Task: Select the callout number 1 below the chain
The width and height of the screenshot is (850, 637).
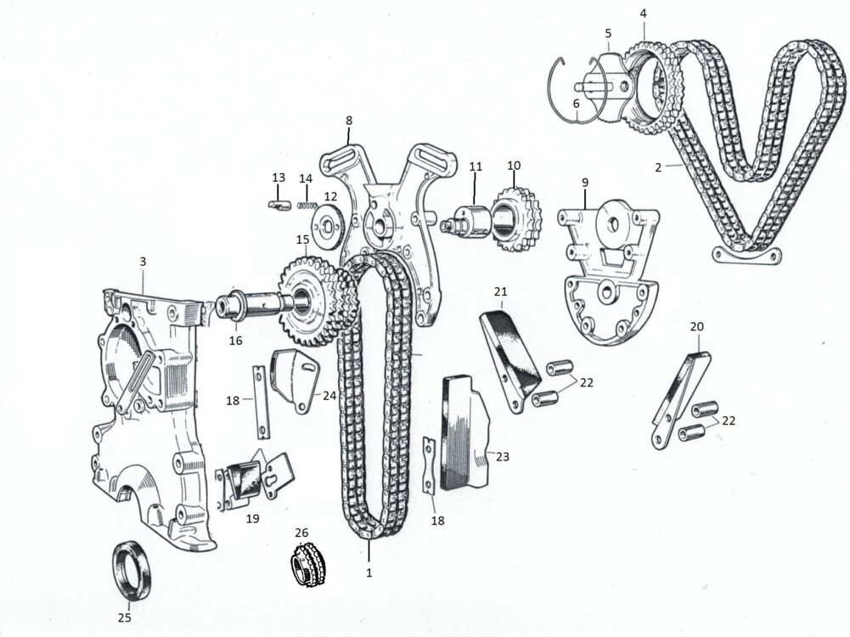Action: [x=369, y=572]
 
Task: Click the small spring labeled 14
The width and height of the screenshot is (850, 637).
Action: [x=307, y=205]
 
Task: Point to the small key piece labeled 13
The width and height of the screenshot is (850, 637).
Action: [x=278, y=206]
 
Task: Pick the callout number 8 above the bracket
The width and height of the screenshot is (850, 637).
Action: [x=348, y=121]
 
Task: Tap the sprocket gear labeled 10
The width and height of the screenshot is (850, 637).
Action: [x=516, y=219]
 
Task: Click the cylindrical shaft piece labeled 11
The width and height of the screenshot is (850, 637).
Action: [x=465, y=221]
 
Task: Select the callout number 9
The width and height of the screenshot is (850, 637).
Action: [x=585, y=182]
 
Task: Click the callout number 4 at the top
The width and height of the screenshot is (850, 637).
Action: [x=643, y=14]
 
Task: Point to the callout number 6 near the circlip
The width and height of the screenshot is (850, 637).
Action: [x=576, y=103]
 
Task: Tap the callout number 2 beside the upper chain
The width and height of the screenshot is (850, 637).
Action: [x=658, y=167]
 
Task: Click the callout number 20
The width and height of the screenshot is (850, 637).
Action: [x=697, y=326]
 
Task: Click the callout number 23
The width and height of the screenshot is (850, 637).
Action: [x=503, y=456]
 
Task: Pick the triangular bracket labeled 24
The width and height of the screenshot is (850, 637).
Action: [x=295, y=381]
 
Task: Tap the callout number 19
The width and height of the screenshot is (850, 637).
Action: [x=252, y=519]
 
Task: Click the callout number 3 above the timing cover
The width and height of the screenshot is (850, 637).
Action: [x=143, y=262]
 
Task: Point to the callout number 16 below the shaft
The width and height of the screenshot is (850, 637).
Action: [x=235, y=341]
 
